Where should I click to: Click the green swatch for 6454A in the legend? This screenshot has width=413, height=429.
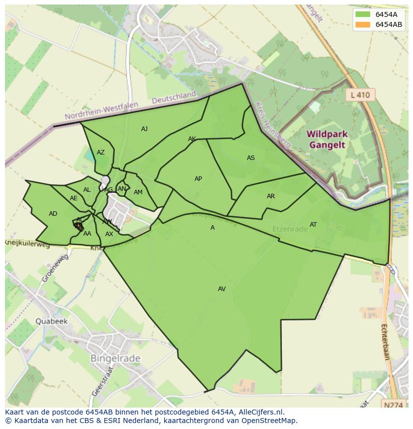pos(363,14)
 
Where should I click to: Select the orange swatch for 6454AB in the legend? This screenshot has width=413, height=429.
pos(363,24)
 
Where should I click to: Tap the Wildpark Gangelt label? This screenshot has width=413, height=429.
pos(327,140)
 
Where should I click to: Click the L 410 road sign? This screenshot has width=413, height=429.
pos(360,95)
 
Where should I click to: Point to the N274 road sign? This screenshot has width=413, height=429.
pos(394,406)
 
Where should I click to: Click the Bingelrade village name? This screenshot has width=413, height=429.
pos(115,358)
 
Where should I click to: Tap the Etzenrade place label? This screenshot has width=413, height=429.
pos(290,229)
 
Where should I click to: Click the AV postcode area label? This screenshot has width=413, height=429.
pos(222,289)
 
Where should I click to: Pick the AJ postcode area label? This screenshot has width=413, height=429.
pos(144,129)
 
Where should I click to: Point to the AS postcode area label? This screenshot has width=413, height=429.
pos(251,158)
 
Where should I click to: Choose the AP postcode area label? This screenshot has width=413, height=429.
pos(198,179)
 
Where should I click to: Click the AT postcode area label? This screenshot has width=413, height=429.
pos(313,225)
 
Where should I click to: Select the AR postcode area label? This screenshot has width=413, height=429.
pos(271,196)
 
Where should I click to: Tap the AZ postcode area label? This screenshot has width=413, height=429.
pos(101,152)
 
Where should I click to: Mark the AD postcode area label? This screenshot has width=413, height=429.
pos(53,214)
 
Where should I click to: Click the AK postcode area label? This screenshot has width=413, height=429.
pos(192,139)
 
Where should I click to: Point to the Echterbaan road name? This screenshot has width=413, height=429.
pos(385,341)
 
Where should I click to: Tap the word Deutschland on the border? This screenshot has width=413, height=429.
pos(174,98)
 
